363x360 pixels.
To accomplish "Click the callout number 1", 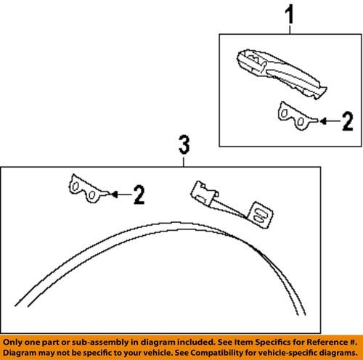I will pyautogui.click(x=290, y=12).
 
